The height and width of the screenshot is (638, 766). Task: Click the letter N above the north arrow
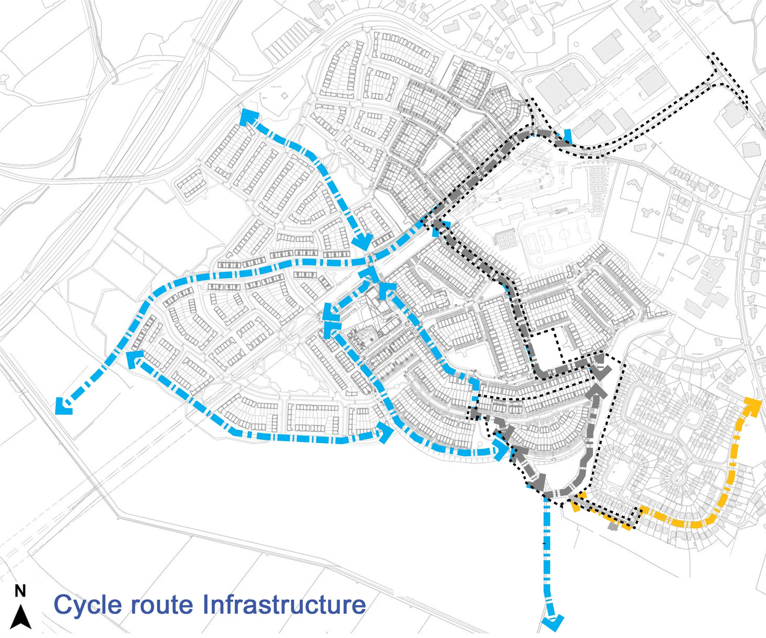[20, 591]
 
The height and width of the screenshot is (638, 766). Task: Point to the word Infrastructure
[284, 604]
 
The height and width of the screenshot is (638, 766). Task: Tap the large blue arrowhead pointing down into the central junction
[362, 241]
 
